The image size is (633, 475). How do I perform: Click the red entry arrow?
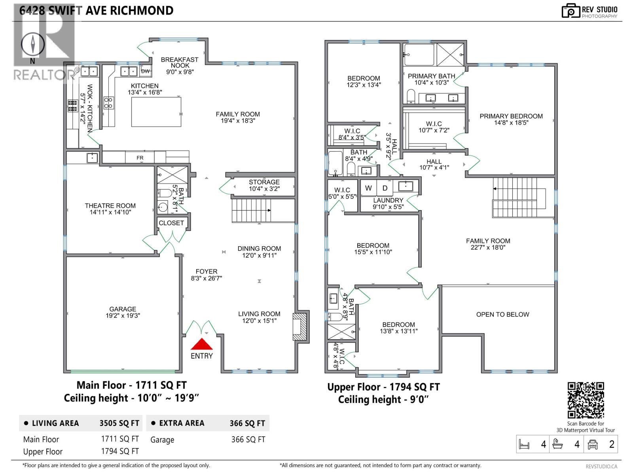(x=202, y=344)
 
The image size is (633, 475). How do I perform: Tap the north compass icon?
(x=32, y=44)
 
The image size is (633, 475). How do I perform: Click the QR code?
(x=586, y=400)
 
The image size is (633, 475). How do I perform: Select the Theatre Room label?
(x=110, y=205)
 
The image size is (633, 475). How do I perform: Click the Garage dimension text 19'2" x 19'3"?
(x=123, y=315)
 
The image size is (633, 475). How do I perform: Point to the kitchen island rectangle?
(x=156, y=112)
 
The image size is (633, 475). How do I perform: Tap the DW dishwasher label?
(x=146, y=71)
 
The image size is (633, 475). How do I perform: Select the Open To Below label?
(x=503, y=314)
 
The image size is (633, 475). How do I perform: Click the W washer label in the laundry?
(x=368, y=188)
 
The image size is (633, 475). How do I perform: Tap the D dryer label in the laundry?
(x=385, y=188)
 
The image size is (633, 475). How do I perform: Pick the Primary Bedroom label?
(x=511, y=116)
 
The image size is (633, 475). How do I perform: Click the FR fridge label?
(x=140, y=158)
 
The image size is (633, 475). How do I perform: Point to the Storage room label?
(x=264, y=182)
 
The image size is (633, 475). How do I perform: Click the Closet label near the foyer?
(x=171, y=223)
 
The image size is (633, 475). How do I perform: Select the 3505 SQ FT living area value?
(x=119, y=423)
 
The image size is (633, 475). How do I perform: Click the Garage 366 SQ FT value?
(x=248, y=439)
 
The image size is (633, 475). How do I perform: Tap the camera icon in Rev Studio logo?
(x=571, y=11)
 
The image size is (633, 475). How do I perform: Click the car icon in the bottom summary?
(x=592, y=445)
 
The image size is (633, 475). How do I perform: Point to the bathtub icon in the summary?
(x=557, y=444)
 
